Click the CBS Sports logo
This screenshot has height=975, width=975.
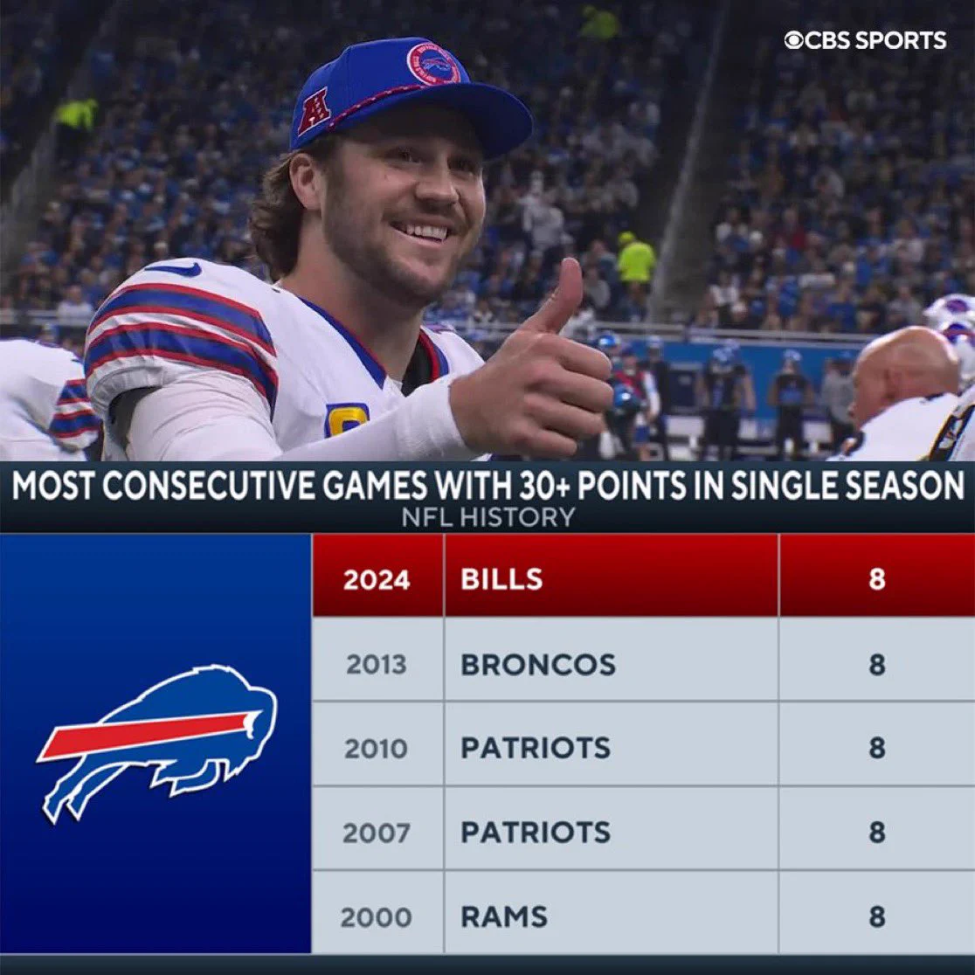pos(865,40)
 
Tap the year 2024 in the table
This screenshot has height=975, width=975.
pos(377,579)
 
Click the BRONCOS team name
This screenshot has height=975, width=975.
pos(538,664)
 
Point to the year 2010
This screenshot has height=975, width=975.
pos(377,748)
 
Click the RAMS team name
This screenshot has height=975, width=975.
pos(504,916)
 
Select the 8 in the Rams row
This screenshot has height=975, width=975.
pos(877,916)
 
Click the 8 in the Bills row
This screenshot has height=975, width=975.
pos(877,579)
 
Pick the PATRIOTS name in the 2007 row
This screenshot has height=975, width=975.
pos(536,832)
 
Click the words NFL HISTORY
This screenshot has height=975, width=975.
pos(488,516)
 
